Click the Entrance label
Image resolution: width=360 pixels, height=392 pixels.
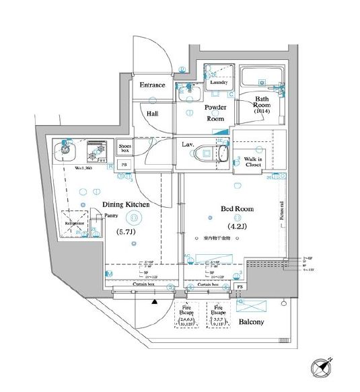(153, 85)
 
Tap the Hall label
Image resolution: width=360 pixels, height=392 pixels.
(154, 114)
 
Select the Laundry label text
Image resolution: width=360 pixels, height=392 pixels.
(219, 83)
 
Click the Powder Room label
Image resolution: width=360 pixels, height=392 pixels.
(215, 112)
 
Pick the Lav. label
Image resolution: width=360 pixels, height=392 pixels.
(189, 144)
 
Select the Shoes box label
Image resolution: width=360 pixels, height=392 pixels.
(124, 147)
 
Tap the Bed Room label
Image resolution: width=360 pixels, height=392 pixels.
(238, 209)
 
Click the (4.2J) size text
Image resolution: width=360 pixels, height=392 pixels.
(238, 227)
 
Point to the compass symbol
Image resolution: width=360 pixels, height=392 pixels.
(320, 368)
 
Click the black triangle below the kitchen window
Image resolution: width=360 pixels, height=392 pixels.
(154, 303)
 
